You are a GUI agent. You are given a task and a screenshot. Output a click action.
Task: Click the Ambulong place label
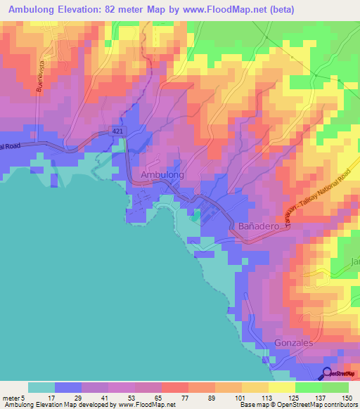[162, 174]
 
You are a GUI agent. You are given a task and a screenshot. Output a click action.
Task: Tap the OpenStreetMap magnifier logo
[328, 373]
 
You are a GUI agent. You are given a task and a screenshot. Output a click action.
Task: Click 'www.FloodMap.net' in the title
[231, 9]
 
